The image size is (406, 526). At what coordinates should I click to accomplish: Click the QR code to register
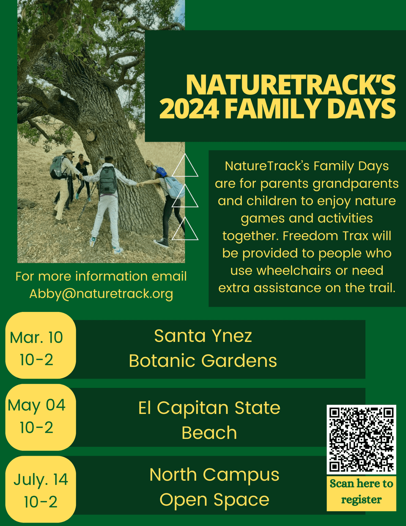point(361,439)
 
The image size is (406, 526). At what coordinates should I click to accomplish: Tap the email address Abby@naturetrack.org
point(101,294)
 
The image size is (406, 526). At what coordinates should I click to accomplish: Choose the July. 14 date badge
point(40,490)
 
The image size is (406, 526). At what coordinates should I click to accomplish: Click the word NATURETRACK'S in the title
point(291,85)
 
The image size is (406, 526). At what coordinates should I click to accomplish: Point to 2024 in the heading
point(189,109)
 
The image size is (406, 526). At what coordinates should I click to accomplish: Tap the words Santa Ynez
point(203,336)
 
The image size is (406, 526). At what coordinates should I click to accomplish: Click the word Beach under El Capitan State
point(209,433)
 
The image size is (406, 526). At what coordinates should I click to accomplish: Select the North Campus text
point(214,475)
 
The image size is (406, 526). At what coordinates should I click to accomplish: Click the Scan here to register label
point(361,492)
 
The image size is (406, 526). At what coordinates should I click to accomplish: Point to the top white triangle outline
point(185,166)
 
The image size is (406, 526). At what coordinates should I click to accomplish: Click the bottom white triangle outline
point(185,229)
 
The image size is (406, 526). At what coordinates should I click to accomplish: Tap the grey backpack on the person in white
point(108,180)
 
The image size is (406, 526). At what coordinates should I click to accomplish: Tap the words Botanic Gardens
point(203,361)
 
